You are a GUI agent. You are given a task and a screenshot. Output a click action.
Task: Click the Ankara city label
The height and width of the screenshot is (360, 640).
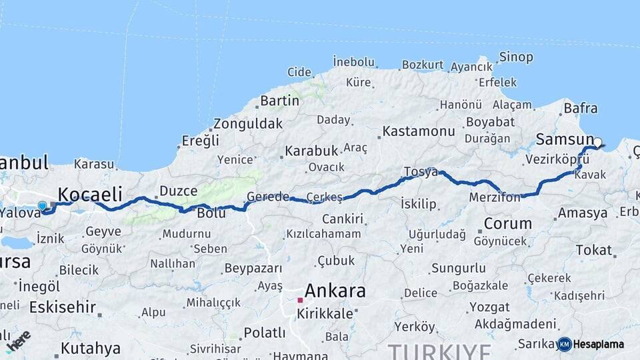[335, 291]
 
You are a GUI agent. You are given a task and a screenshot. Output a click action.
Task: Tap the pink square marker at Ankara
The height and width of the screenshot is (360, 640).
[300, 301]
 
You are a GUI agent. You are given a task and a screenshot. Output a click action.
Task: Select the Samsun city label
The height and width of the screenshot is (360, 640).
[559, 139]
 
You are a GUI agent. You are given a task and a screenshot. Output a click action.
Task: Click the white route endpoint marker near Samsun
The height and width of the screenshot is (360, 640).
[598, 142]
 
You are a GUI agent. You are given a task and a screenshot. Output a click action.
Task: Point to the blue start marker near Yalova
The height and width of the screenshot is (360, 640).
[43, 206]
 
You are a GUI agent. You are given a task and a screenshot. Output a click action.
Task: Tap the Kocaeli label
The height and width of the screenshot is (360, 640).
[90, 194]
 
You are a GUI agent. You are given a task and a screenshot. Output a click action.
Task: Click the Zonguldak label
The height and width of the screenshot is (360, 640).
[248, 124]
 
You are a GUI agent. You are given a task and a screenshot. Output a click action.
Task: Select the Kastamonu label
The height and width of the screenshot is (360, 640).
[419, 131]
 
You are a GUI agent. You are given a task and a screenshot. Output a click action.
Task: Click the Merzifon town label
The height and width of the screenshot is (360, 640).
[494, 197]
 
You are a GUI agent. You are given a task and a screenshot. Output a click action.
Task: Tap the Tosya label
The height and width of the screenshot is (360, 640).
[421, 172]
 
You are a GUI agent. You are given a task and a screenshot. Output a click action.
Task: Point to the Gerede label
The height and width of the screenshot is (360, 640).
[268, 197]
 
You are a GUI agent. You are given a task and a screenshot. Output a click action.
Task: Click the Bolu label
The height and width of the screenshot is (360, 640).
[211, 213]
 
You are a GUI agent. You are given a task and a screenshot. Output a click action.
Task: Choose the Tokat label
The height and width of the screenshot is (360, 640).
[593, 251]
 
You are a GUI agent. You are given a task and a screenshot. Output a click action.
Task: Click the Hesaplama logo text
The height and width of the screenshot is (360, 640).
[599, 344]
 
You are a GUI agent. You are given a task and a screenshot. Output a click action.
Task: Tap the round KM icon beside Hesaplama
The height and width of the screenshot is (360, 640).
[565, 344]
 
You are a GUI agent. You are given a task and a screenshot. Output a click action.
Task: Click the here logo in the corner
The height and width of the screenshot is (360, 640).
[19, 339]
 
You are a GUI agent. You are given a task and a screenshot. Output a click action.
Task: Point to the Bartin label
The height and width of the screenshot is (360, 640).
[279, 101]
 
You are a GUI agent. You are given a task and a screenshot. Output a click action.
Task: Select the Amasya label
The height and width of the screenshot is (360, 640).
[583, 213]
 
